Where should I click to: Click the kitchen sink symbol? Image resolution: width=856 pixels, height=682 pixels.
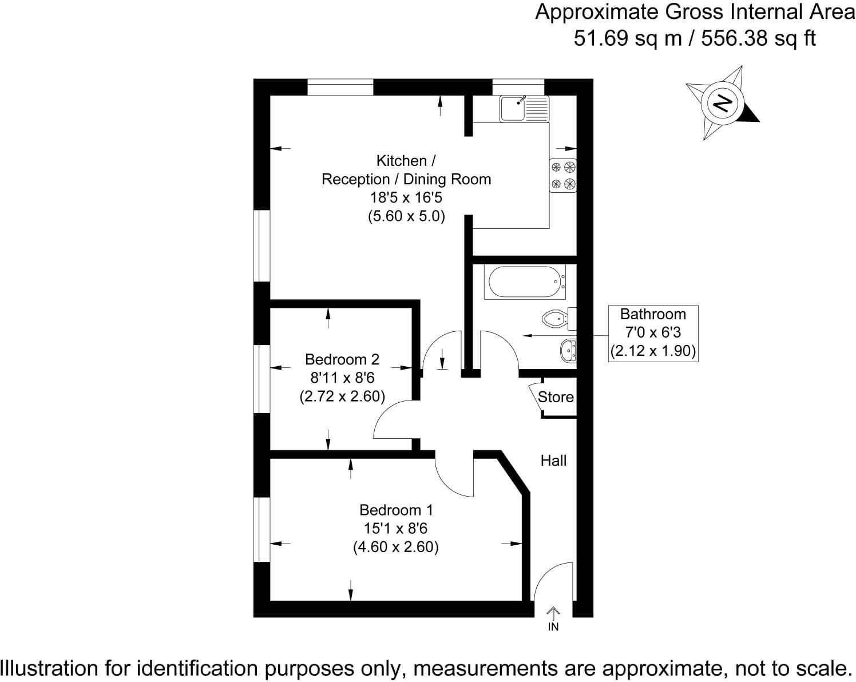point(525,109)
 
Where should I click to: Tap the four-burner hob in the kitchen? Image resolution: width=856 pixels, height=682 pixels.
point(563,176)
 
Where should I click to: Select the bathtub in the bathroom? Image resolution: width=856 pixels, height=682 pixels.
point(525,281)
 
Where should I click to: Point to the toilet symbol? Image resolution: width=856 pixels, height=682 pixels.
point(559,319)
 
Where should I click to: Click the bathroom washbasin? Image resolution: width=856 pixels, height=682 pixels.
point(568,351)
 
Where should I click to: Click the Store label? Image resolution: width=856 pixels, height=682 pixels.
point(556,396)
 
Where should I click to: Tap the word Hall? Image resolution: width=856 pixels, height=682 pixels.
point(553,461)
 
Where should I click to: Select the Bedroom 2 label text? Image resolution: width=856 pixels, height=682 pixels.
point(342,359)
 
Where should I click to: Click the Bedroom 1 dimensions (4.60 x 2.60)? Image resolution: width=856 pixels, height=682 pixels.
point(396,547)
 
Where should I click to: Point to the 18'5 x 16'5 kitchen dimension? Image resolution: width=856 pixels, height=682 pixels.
point(406,197)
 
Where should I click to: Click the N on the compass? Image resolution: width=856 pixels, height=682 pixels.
point(722,104)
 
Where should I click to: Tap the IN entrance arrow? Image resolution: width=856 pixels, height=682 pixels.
point(553,618)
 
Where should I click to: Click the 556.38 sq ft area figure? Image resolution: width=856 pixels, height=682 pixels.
point(758,38)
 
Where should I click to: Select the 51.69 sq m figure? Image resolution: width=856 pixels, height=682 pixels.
point(628,38)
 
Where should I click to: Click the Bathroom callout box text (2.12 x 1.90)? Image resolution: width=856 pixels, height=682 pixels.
point(653,351)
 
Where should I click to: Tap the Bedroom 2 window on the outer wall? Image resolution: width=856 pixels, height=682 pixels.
point(262,379)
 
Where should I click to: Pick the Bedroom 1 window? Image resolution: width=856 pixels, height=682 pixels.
point(262,530)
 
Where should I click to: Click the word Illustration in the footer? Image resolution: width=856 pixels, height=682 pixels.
point(49,668)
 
